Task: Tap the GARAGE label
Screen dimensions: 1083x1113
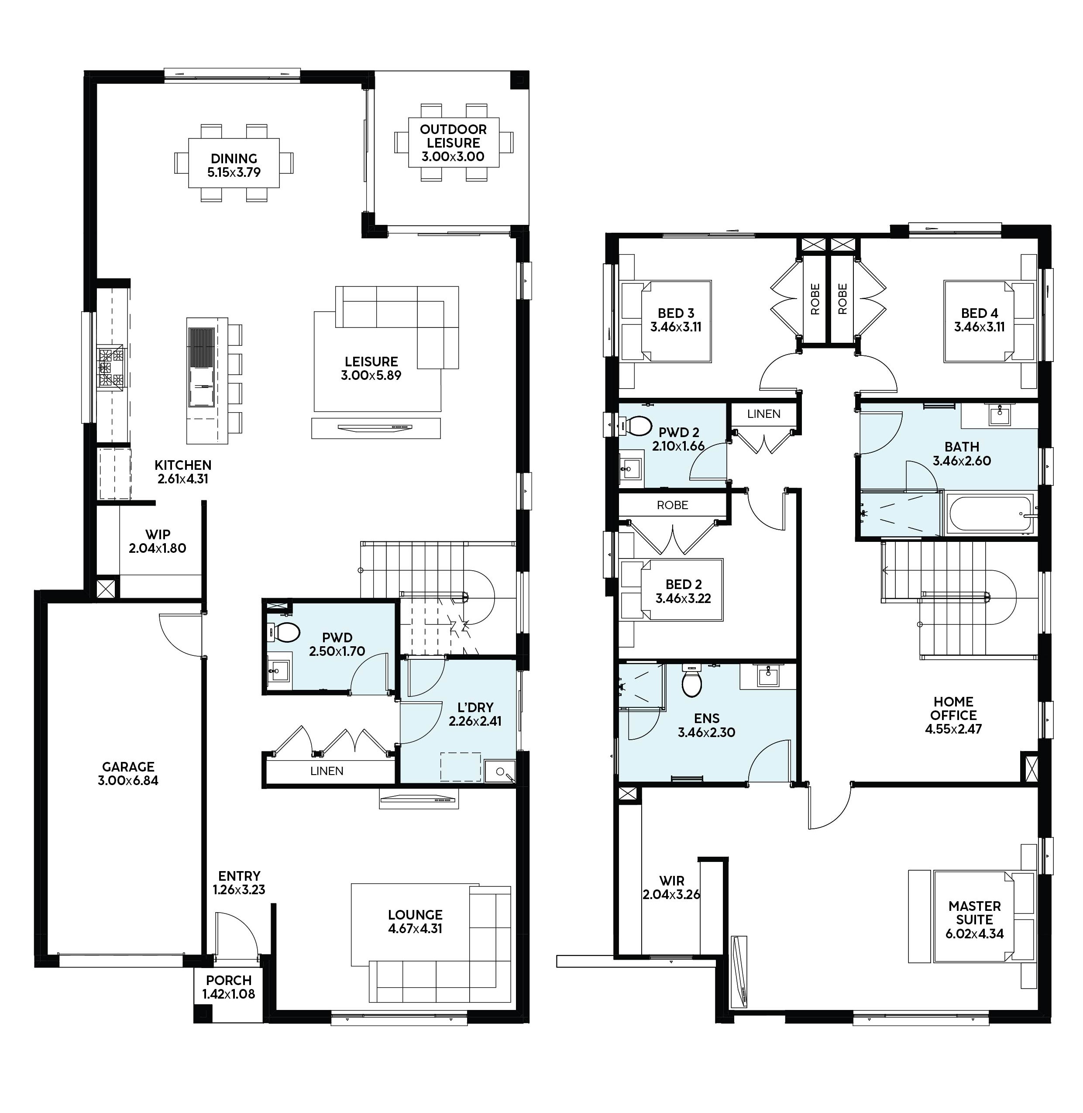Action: [x=128, y=766]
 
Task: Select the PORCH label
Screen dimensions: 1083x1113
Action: [x=229, y=980]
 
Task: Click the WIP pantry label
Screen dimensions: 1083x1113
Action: [x=158, y=534]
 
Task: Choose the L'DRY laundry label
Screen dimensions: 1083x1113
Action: [x=475, y=707]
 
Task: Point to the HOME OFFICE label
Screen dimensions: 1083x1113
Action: [x=953, y=708]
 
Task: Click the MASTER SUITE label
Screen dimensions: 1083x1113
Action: [x=974, y=913]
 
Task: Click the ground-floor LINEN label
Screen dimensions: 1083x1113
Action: [x=327, y=771]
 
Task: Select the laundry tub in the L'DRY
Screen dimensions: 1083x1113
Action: [x=499, y=772]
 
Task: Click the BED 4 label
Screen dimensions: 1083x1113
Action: [x=980, y=313]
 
